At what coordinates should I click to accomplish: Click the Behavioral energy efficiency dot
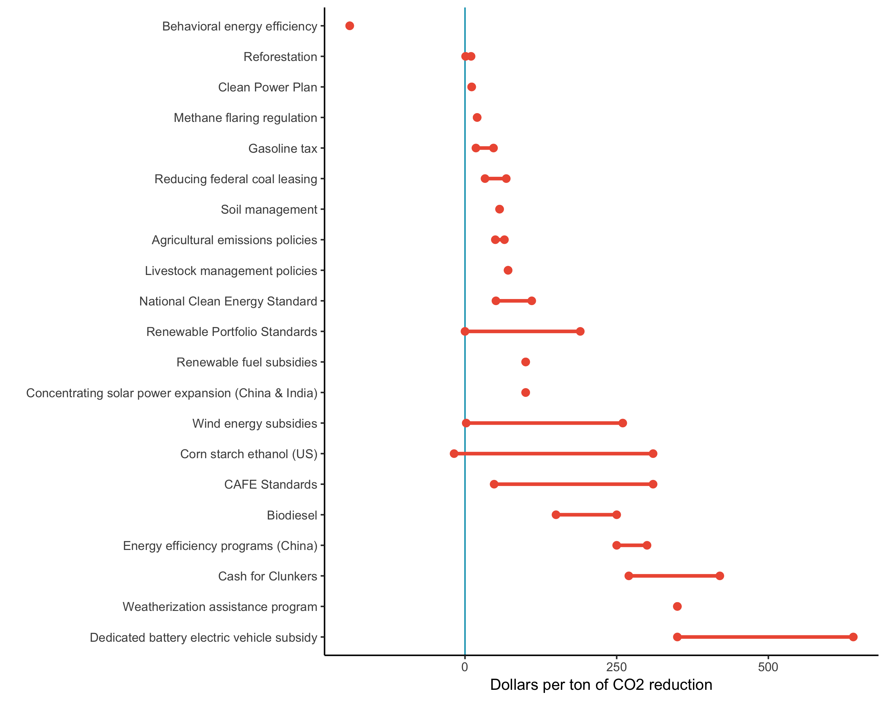click(x=349, y=26)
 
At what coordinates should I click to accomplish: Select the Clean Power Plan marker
click(x=471, y=87)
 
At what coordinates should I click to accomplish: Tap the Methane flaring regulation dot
click(x=477, y=118)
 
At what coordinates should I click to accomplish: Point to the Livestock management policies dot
click(x=508, y=270)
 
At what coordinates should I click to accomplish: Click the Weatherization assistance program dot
click(x=677, y=607)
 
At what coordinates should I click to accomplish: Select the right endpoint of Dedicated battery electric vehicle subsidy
click(x=853, y=637)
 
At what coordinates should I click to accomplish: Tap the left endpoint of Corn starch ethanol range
click(x=454, y=453)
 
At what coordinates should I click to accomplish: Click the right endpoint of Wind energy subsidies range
click(x=623, y=423)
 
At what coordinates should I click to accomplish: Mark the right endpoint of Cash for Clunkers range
click(x=720, y=576)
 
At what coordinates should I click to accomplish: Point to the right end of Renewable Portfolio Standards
click(x=580, y=331)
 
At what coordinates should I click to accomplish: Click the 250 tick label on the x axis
click(x=616, y=667)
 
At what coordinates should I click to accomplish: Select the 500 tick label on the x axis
click(x=768, y=667)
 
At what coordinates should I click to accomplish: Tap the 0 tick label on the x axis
click(x=465, y=667)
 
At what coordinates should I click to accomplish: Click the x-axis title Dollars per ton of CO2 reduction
click(x=601, y=685)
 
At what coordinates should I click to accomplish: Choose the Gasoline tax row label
click(x=282, y=149)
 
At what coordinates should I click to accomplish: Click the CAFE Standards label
click(x=270, y=485)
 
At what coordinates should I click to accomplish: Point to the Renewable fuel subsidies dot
click(x=525, y=362)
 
